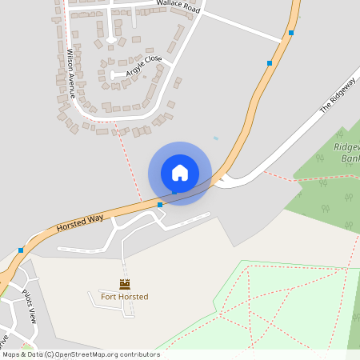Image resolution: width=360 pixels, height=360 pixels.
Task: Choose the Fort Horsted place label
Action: (124, 297)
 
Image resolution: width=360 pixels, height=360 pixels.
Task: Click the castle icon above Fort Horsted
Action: (124, 284)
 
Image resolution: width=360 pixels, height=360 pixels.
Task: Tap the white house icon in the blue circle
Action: (180, 173)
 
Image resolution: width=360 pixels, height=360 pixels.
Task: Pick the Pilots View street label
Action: (37, 305)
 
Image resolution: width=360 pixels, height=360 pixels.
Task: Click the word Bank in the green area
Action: (350, 159)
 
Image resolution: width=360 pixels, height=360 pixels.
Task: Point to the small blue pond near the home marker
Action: (216, 138)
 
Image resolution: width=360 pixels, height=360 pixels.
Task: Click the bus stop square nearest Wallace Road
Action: (291, 33)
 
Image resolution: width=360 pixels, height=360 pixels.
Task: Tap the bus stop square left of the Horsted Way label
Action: (21, 250)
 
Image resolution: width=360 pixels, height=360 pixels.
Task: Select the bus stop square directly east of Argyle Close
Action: (270, 62)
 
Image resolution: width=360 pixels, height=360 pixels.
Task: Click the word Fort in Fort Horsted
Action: (109, 297)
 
